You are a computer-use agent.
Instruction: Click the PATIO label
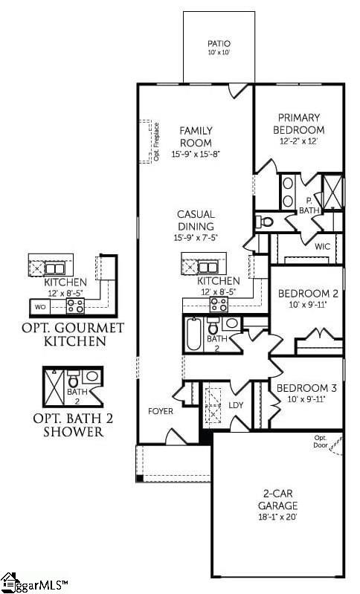pos(219,44)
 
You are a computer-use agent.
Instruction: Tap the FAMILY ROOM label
pos(196,137)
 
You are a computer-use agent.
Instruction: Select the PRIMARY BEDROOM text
pos(299,123)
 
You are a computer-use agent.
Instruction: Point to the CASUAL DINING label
pos(196,221)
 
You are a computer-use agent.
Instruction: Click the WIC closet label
pos(322,246)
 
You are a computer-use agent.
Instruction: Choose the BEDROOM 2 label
pos(308,294)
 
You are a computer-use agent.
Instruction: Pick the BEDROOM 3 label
pos(306,388)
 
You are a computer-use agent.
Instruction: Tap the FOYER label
pos(161,411)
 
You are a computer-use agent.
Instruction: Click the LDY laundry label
pos(236,405)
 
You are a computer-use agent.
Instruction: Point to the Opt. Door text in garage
pos(321,441)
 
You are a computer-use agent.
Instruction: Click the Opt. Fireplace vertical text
pos(156,143)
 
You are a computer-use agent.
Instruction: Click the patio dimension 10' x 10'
pos(219,54)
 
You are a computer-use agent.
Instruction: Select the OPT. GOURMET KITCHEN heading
pos(73,335)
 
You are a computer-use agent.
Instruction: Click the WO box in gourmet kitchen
pos(41,306)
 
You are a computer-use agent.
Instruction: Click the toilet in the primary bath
pos(266,221)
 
